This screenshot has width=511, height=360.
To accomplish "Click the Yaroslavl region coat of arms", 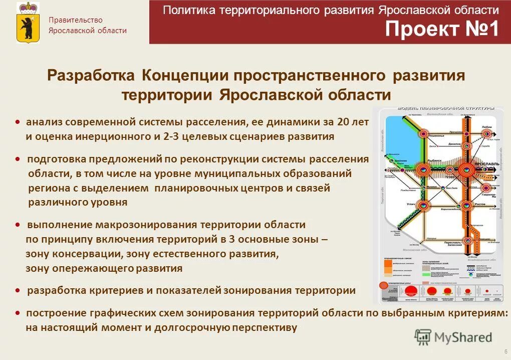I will [x=28, y=22].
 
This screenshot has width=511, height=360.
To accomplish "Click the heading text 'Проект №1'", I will [x=442, y=30].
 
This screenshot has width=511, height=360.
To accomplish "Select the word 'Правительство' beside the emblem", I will [x=76, y=20].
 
